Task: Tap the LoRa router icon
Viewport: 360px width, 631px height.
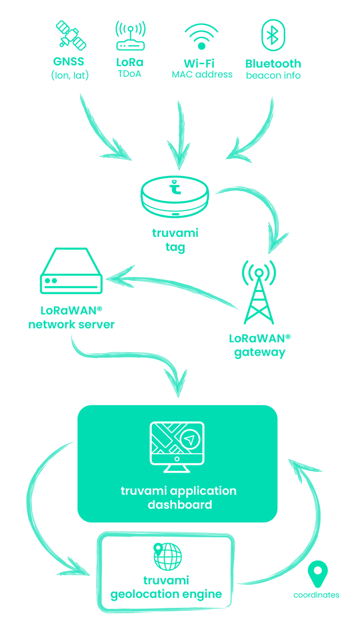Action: (130, 37)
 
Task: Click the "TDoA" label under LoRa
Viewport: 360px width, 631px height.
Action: (129, 74)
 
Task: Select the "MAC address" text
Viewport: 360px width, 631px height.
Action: (202, 74)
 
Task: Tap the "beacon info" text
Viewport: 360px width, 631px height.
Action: (273, 76)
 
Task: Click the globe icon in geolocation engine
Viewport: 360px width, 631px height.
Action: (167, 557)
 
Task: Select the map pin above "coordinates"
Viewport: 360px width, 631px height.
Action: (318, 573)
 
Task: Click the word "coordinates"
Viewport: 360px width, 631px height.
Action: (316, 595)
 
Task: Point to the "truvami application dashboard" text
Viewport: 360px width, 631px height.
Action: (179, 497)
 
